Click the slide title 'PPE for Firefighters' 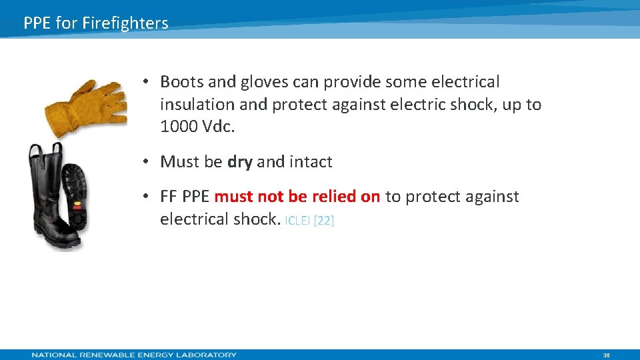click(96, 23)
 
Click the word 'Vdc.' click(220, 127)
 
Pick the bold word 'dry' click(240, 162)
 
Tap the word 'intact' click(311, 162)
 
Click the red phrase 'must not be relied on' click(297, 197)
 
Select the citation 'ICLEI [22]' click(309, 221)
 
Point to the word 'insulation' click(197, 105)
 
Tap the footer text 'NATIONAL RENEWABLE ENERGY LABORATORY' click(134, 355)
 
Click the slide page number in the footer click(606, 355)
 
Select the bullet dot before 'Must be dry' click(145, 162)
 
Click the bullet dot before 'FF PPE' click(145, 197)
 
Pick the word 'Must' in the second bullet click(179, 162)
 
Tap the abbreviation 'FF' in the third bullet click(169, 197)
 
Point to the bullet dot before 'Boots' click(145, 82)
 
